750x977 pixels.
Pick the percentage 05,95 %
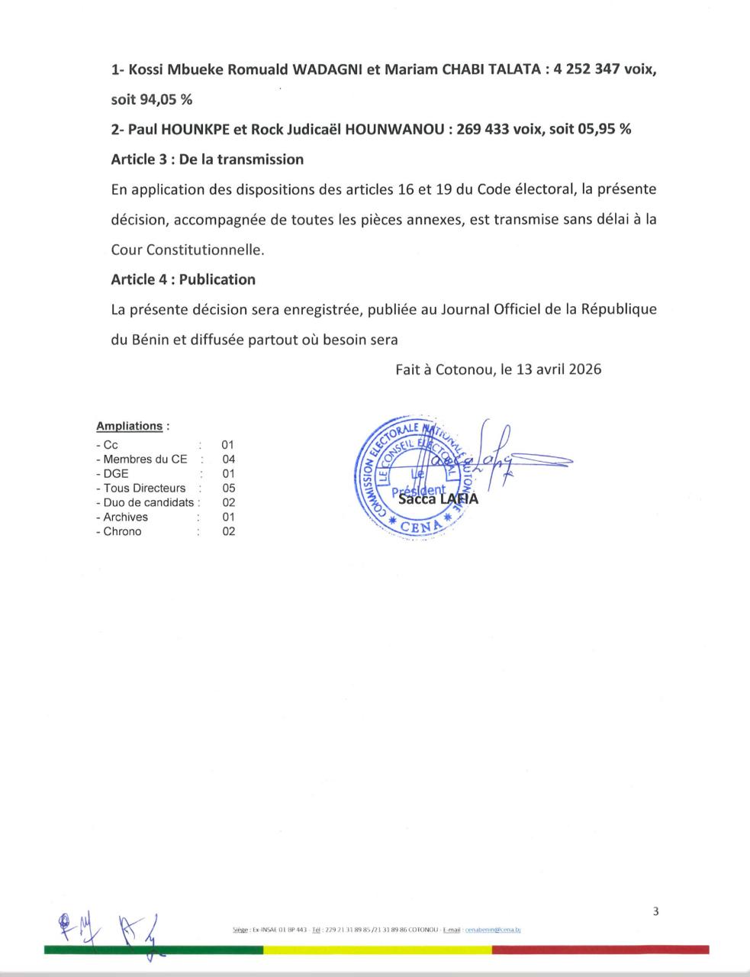604,130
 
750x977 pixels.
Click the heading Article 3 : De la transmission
207,160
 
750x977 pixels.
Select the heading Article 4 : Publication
183,279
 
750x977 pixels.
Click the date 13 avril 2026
558,369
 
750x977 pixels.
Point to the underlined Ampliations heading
129,426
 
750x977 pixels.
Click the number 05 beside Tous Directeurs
228,488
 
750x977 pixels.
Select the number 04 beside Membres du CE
228,459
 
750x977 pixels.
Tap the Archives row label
125,518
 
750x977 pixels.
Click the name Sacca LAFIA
438,500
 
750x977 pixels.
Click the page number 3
655,911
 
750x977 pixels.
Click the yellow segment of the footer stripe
377,950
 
